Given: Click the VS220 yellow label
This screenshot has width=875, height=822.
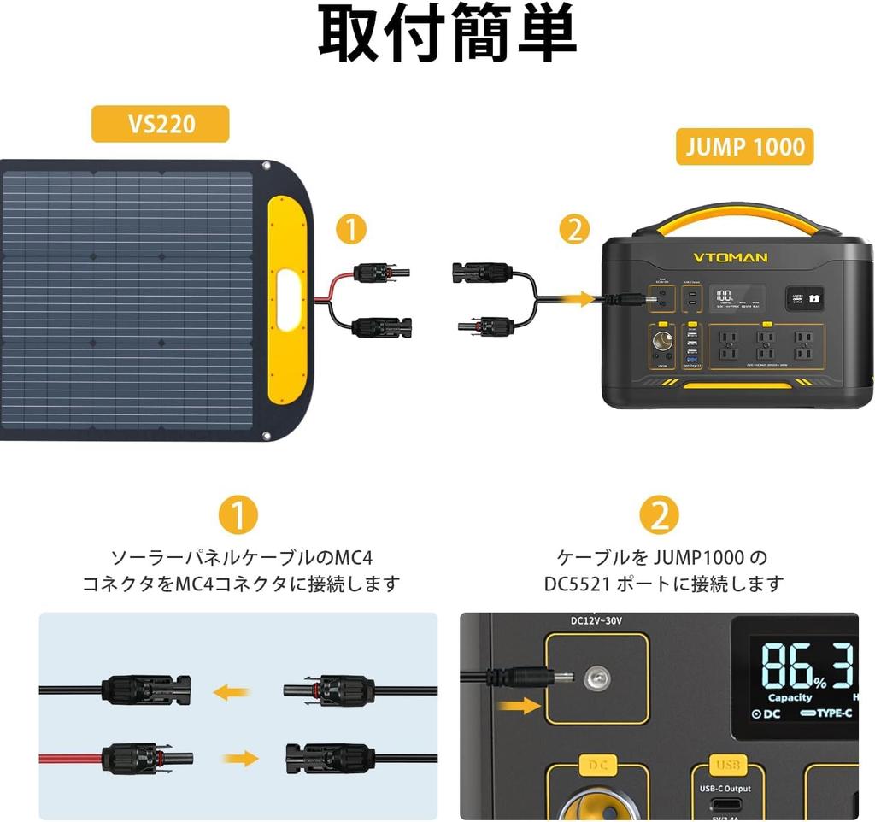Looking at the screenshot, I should coord(161,124).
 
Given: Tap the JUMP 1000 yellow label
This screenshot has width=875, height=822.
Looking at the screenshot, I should coord(744,147).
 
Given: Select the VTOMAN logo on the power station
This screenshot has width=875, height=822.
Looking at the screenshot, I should coord(730,256).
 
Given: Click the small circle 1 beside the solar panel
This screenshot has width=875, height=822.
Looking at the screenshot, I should coord(351,230).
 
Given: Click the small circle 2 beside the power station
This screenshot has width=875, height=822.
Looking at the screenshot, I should coord(574,230).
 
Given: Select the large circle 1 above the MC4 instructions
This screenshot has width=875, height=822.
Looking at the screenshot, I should coord(238,515).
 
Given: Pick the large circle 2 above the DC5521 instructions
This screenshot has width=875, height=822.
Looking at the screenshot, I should coord(659,515).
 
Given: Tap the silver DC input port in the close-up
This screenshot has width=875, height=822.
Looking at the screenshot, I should coord(596,679).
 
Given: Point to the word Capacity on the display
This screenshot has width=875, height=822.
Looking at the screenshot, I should coord(790,697).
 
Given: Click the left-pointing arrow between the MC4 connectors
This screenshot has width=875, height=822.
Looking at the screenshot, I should coord(232,691).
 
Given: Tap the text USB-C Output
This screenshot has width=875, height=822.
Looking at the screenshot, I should coord(725,788).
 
